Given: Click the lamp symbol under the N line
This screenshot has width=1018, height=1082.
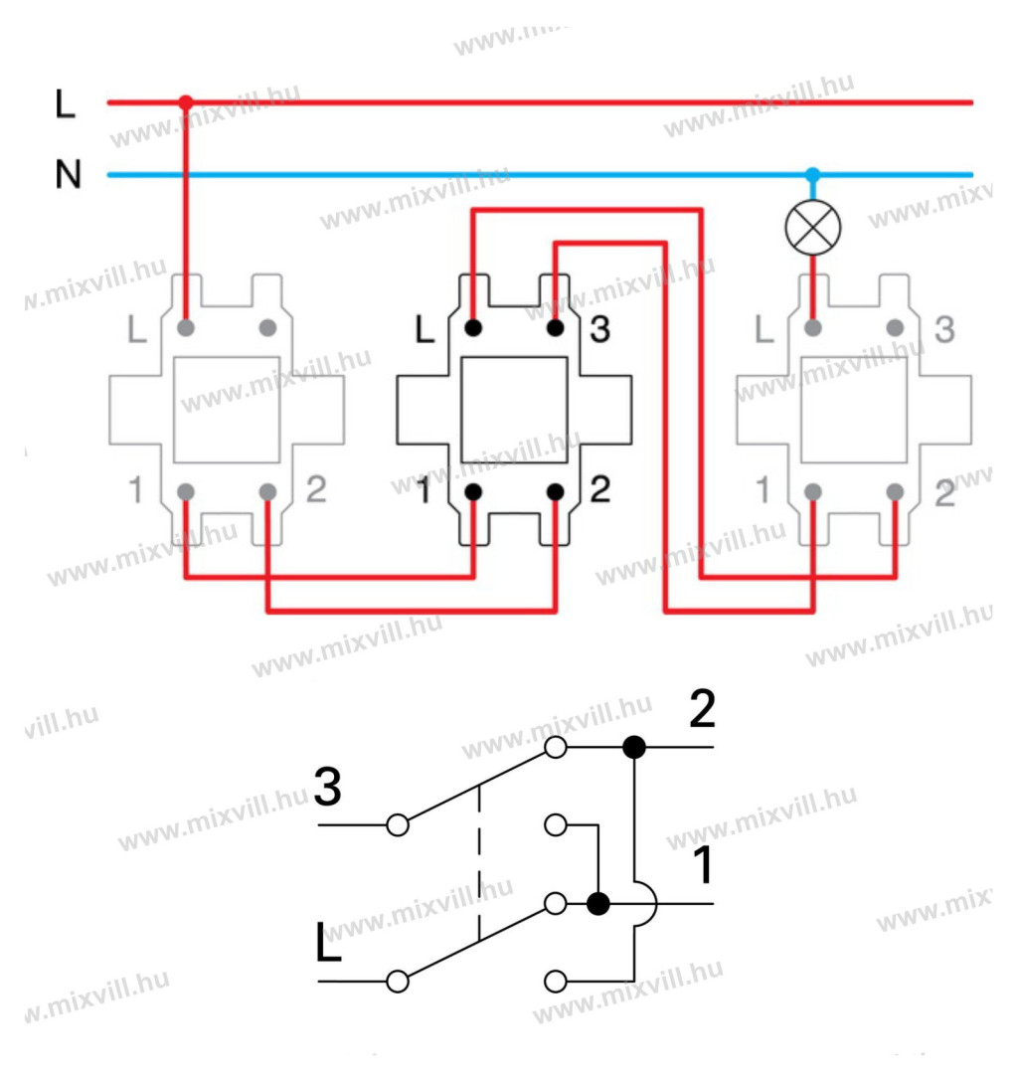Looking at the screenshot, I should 812,228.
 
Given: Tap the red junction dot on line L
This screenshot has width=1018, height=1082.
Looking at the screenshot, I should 185,101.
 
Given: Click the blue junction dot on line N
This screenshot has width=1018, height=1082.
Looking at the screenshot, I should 812,175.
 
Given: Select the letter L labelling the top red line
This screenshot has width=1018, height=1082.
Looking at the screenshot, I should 66,104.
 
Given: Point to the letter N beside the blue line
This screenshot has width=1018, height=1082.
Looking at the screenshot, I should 67,176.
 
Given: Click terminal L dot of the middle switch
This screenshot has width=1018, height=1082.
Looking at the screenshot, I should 473,327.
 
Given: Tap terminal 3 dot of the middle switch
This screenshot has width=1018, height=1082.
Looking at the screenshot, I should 555,327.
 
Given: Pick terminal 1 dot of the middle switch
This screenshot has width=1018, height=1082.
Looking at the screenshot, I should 473,491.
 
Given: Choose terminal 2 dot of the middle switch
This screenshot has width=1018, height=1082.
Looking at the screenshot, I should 555,491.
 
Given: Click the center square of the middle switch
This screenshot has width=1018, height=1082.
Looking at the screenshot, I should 514,410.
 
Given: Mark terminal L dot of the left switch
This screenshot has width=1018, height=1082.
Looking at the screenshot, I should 185,327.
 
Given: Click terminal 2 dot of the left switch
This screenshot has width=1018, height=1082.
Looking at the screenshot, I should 266,491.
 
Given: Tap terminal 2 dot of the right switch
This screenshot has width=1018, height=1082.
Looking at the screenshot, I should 895,491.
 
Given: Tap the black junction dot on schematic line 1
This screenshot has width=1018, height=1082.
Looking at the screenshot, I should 597,904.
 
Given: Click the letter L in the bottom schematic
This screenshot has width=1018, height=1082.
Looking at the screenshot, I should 328,946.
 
